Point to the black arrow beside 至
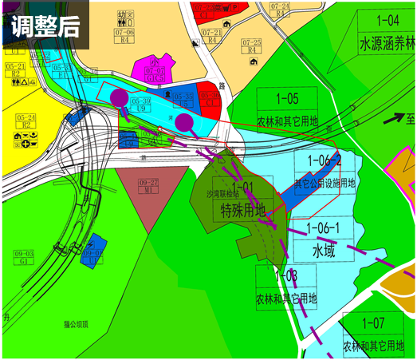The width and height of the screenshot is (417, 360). [393, 119]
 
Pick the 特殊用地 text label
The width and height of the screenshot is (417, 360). [247, 211]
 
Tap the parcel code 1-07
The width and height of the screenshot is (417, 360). [373, 324]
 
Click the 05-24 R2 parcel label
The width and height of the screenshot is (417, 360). [26, 121]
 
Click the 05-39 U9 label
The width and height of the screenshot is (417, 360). [141, 104]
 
